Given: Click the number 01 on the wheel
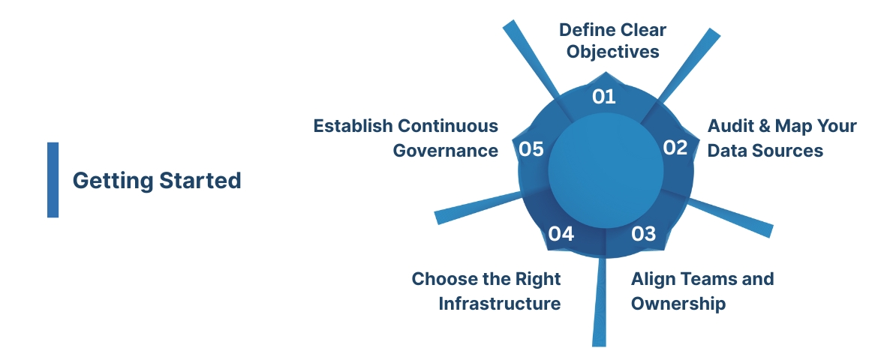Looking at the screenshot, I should click(603, 97).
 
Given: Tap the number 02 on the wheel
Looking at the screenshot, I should click(675, 148).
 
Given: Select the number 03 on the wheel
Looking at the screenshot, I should click(643, 234).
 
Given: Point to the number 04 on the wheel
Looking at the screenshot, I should click(561, 234).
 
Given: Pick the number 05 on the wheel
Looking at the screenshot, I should click(531, 149).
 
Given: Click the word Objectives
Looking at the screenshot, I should click(613, 52).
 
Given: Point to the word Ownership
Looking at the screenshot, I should click(678, 304).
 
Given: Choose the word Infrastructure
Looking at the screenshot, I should click(499, 304).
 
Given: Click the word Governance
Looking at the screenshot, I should click(446, 150).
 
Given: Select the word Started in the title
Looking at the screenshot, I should click(200, 181).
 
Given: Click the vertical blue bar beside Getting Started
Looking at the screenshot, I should click(53, 180).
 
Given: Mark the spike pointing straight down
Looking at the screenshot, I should click(599, 315).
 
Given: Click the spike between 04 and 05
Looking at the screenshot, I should click(465, 210).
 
